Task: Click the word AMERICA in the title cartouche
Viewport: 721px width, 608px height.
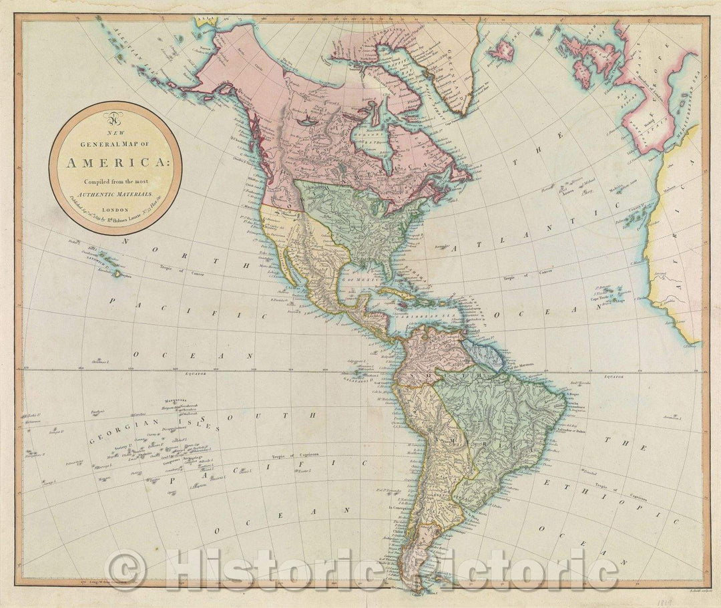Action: click(115, 162)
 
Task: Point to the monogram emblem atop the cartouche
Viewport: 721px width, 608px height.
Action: click(115, 121)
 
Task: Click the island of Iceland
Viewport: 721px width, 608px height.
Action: click(501, 49)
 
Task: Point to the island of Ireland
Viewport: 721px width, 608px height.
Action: click(573, 47)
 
